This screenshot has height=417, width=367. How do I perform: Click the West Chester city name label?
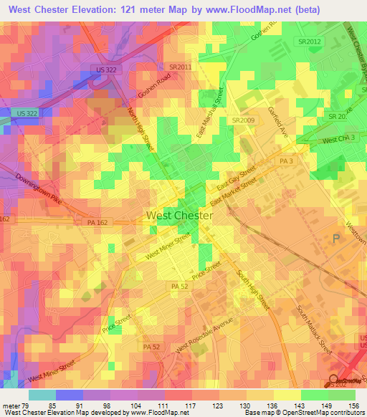[x=179, y=215]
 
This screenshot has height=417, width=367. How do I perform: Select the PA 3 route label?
[x=286, y=162]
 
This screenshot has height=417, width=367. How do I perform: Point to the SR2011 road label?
[x=181, y=67]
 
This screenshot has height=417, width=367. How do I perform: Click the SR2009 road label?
[x=243, y=120]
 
